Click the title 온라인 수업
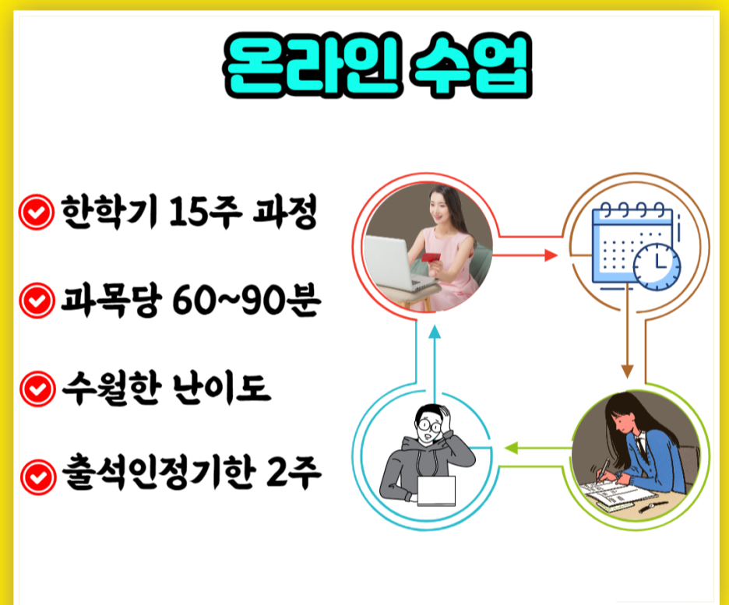(x=378, y=65)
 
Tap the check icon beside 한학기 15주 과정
(x=37, y=213)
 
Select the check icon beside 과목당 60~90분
(x=37, y=301)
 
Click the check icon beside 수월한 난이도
(x=37, y=389)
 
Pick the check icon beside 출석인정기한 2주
(x=38, y=477)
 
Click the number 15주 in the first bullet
(x=205, y=212)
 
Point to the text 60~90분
(x=246, y=301)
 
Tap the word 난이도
(x=221, y=388)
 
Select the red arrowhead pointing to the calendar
(x=551, y=255)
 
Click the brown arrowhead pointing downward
(x=627, y=371)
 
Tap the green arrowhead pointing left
(x=511, y=448)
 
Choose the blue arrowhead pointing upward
(x=435, y=332)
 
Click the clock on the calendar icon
(x=657, y=267)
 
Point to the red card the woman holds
(x=431, y=258)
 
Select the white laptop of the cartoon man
(x=436, y=491)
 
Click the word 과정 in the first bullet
(x=284, y=212)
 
